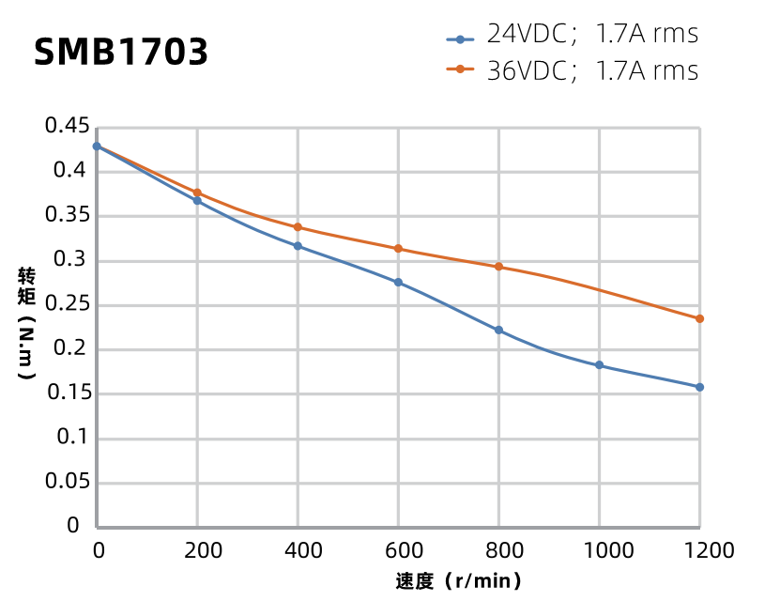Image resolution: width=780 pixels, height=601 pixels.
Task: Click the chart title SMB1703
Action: [x=121, y=53]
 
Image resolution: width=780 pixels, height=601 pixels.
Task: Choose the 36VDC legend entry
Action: [x=573, y=70]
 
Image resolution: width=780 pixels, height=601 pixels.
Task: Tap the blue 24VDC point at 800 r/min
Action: [x=498, y=331]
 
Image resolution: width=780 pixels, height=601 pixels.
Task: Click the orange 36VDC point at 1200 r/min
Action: [x=699, y=318]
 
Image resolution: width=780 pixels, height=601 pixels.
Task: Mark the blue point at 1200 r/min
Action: [x=699, y=387]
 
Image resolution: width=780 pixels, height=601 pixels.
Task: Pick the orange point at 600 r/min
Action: [x=398, y=249]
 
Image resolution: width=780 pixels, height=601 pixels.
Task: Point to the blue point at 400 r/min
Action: [x=298, y=246]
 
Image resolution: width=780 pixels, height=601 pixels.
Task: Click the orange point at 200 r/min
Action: [x=197, y=193]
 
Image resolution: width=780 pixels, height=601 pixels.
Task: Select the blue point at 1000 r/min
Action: [x=599, y=365]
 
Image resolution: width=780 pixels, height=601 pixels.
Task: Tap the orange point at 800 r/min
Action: [x=498, y=267]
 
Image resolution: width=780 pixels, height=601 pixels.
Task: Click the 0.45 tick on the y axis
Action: [x=68, y=127]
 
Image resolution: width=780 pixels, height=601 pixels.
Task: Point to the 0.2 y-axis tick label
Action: [x=73, y=349]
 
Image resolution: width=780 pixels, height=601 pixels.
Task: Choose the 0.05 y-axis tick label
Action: [x=68, y=483]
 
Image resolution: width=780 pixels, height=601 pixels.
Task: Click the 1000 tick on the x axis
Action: [x=599, y=550]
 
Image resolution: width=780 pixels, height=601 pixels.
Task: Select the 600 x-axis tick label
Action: [x=398, y=550]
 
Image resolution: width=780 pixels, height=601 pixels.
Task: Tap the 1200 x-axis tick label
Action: [x=699, y=550]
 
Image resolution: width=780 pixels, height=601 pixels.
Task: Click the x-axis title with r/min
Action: [x=457, y=581]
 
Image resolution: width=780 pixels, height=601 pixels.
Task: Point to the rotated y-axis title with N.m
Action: [x=26, y=324]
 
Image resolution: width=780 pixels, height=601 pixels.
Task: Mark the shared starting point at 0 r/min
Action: [x=97, y=146]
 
